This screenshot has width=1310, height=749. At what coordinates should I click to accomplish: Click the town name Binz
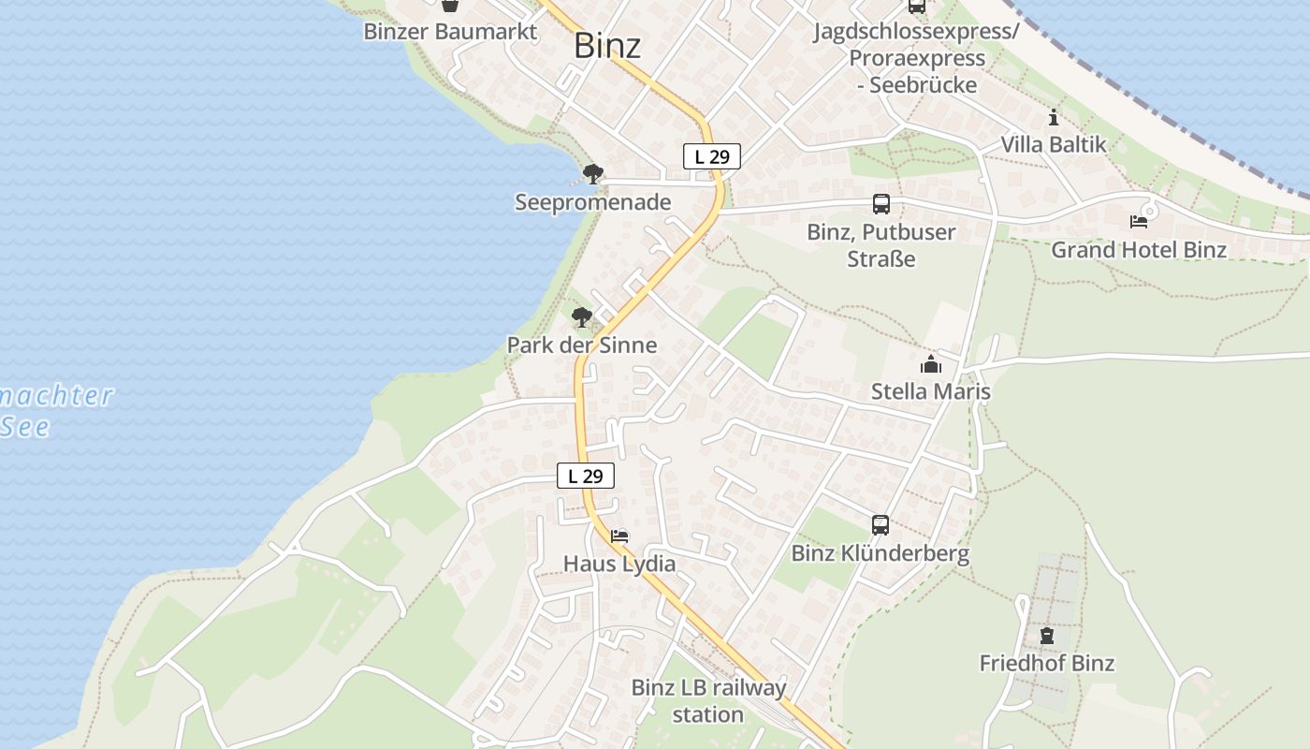click(607, 45)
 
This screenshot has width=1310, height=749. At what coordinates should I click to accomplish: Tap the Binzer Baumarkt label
click(450, 31)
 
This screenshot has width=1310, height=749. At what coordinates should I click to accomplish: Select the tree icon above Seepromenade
click(592, 173)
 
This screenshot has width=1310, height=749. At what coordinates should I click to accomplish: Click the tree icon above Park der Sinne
click(581, 317)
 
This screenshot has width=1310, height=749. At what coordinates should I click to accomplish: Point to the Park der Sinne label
click(581, 345)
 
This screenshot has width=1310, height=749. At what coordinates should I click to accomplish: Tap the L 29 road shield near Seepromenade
click(712, 156)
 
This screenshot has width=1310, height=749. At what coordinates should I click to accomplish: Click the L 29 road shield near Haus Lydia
click(586, 476)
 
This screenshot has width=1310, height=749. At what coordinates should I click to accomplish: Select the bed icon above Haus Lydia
click(619, 536)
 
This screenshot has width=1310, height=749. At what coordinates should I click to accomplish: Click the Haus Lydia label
click(619, 564)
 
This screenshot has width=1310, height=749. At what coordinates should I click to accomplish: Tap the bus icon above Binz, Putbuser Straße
click(881, 204)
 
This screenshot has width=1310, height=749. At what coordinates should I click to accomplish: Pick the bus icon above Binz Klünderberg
click(880, 524)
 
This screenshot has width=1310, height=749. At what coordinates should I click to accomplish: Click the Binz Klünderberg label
click(880, 553)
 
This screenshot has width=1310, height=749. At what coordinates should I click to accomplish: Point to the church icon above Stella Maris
click(931, 364)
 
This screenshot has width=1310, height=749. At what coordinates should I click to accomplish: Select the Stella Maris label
click(930, 391)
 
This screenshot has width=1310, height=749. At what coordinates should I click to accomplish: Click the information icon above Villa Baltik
click(1054, 117)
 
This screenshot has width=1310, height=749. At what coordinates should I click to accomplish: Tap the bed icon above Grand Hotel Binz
click(1139, 222)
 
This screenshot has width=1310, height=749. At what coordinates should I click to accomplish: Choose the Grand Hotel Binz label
click(1138, 250)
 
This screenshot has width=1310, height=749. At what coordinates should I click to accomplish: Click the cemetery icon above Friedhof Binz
click(1046, 636)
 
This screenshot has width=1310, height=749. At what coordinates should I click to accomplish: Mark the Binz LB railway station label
click(708, 700)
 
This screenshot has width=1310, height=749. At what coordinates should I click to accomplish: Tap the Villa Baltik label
click(1054, 144)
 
